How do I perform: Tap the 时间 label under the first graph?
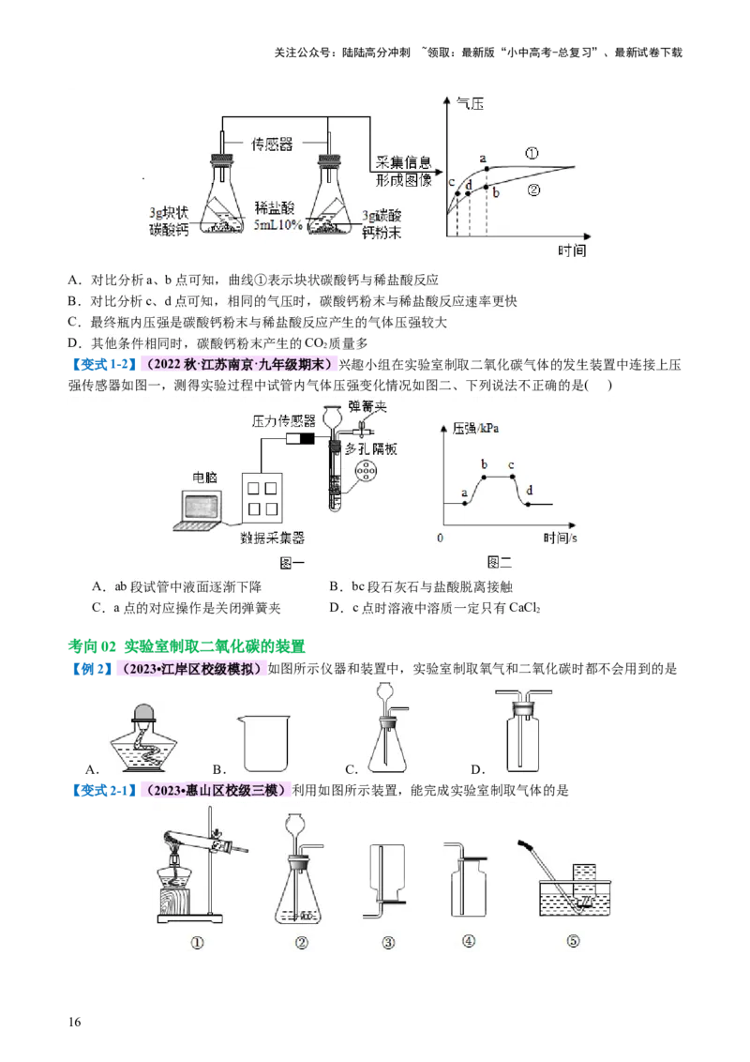[571, 250]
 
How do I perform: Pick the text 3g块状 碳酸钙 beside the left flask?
[170, 219]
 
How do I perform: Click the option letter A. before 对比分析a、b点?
[74, 280]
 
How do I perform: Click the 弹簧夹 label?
[367, 405]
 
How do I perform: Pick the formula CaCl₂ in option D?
[528, 608]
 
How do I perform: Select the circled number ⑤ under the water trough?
[574, 943]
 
